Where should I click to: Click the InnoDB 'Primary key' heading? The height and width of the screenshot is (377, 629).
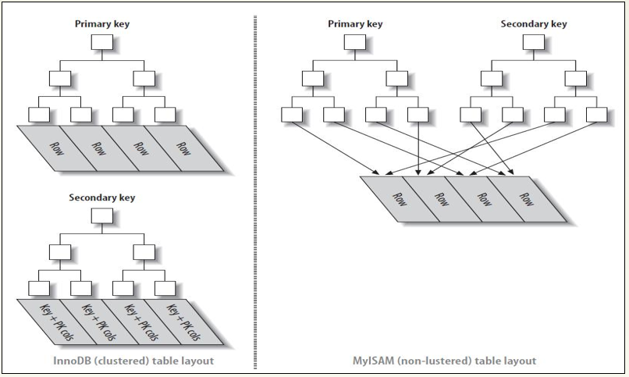pyautogui.click(x=101, y=23)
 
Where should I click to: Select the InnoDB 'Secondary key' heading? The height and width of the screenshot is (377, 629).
pyautogui.click(x=101, y=197)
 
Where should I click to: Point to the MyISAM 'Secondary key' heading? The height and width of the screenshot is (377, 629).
pyautogui.click(x=533, y=23)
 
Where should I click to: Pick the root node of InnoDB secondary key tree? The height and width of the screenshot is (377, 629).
pyautogui.click(x=102, y=216)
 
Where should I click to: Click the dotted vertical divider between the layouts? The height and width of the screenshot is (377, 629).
pyautogui.click(x=255, y=187)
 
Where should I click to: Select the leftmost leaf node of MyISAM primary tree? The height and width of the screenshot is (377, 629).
pyautogui.click(x=292, y=115)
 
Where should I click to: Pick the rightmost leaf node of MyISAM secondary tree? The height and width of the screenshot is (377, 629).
pyautogui.click(x=597, y=115)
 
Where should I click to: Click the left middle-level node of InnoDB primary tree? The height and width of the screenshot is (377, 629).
pyautogui.click(x=60, y=78)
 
